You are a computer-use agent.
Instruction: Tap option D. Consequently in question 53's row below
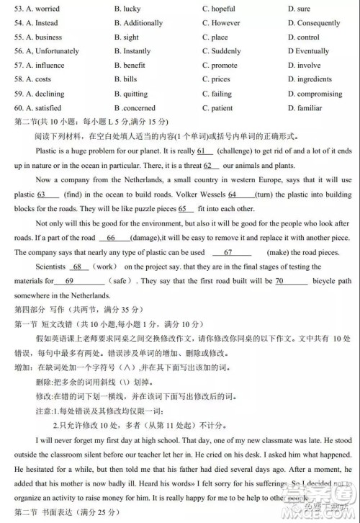click(x=314, y=23)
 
